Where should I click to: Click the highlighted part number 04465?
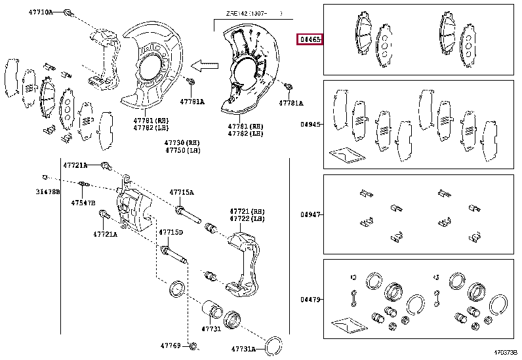coord(310,39)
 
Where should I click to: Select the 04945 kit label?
coord(310,124)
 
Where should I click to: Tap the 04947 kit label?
coord(310,214)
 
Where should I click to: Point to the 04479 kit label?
coord(310,300)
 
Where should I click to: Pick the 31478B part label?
coord(47,192)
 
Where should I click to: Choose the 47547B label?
coord(83,203)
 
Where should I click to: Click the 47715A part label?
coord(182,192)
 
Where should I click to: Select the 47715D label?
coord(171,233)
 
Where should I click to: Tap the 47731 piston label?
coord(211,329)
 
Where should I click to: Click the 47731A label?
coord(244,349)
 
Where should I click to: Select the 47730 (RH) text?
coord(182,142)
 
